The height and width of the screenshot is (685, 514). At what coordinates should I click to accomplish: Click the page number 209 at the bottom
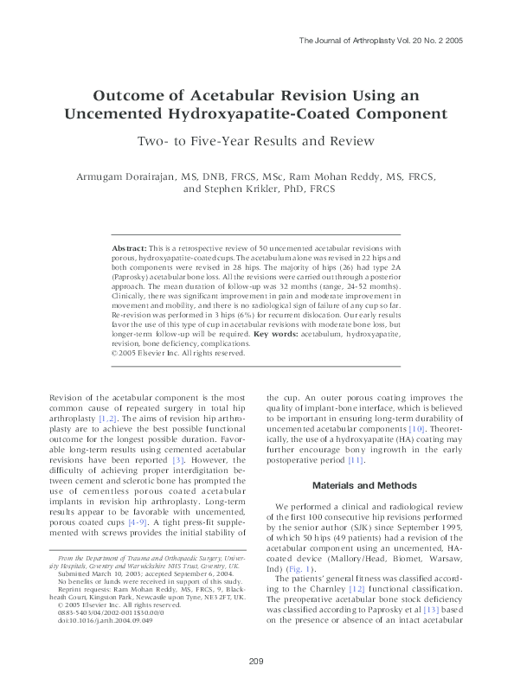[x=255, y=662]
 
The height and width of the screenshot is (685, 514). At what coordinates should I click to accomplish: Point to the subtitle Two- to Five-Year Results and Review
[x=256, y=141]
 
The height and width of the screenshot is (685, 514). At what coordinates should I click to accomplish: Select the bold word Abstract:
[x=129, y=248]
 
